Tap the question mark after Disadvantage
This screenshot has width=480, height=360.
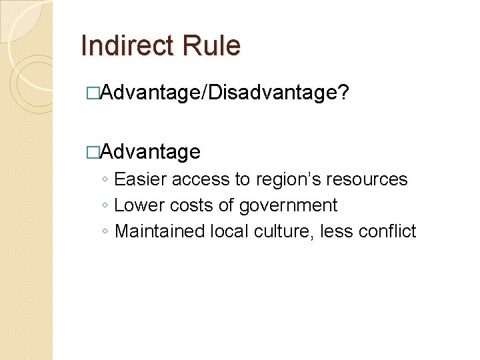coord(343,94)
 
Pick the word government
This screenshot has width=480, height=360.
coord(288,205)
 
